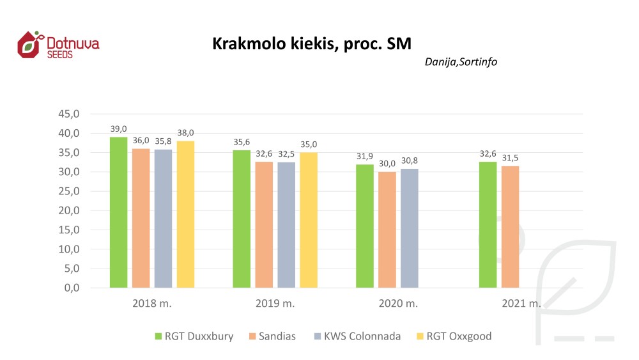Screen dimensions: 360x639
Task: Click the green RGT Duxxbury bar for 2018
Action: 118,212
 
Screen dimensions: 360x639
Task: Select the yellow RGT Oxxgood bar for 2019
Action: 309,220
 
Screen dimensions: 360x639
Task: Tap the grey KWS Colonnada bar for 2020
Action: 410,228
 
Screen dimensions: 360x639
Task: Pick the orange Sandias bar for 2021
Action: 511,227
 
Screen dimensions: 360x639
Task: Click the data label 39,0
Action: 118,129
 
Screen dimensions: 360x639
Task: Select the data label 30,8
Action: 410,160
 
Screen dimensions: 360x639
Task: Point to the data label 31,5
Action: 511,158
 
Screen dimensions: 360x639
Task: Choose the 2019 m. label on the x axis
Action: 276,304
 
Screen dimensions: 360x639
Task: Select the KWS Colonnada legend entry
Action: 362,336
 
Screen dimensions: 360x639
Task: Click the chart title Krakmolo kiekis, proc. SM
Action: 312,44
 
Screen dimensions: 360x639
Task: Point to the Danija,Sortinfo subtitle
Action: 461,62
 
